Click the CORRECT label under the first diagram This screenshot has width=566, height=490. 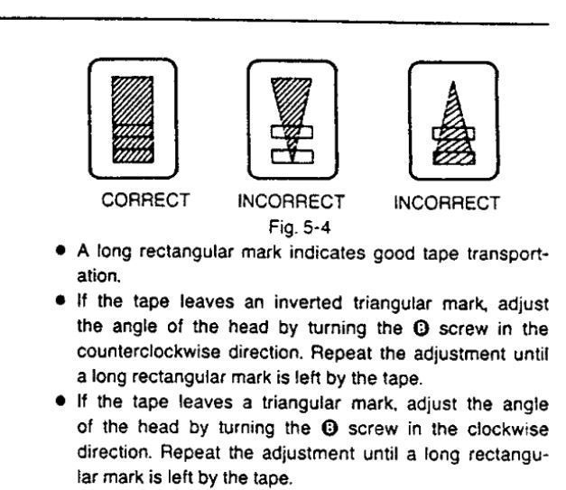[145, 200]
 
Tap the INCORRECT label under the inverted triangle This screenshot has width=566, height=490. [292, 202]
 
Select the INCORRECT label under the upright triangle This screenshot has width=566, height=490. [447, 203]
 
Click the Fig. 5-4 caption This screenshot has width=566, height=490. [300, 227]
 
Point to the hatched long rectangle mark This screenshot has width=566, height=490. [133, 119]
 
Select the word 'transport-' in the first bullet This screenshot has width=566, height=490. [507, 254]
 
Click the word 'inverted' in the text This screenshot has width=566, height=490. [308, 302]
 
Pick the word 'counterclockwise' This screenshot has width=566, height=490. [148, 352]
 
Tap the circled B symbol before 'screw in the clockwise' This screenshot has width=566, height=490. [329, 429]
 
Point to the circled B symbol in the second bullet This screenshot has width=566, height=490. [421, 328]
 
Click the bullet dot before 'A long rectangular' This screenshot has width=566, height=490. [60, 250]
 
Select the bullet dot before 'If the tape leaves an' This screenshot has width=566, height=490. [60, 300]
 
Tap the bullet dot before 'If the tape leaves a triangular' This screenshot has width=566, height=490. [60, 401]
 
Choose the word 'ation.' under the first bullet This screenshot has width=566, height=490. [98, 276]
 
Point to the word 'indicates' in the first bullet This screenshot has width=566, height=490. [328, 253]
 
